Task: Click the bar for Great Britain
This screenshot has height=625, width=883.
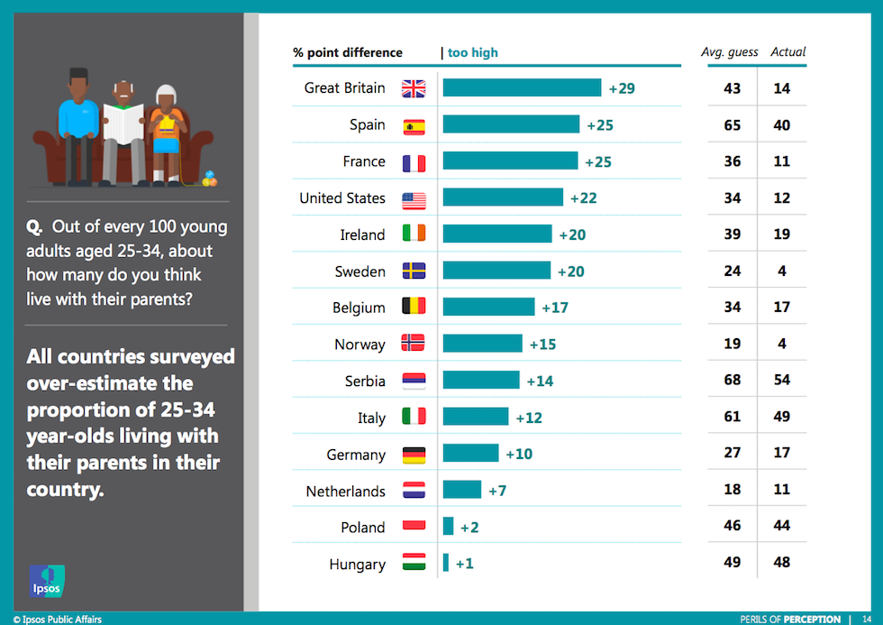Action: (522, 87)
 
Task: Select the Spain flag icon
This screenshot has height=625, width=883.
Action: (414, 125)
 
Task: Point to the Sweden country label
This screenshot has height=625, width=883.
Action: (360, 271)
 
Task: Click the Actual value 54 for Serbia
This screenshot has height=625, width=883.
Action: (781, 381)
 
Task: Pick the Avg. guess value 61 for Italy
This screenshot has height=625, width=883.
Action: (733, 417)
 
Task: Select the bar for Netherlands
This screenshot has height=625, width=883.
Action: (462, 491)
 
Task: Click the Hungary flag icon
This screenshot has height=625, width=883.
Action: (414, 564)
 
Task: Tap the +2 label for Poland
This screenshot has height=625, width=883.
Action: (469, 528)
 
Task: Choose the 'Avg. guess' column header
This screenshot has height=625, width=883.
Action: (730, 52)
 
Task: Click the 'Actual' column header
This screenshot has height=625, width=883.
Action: (788, 52)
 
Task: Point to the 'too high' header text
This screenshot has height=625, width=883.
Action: (472, 52)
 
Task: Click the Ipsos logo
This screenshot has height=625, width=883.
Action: (47, 581)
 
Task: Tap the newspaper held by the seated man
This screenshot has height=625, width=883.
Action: (123, 121)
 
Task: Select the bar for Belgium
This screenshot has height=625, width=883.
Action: (488, 307)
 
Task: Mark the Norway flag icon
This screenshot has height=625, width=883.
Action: (414, 344)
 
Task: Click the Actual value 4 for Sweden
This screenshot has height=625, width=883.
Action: (781, 271)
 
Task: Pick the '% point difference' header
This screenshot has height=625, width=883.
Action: (348, 52)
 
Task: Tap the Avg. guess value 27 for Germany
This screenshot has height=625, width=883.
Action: (733, 454)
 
